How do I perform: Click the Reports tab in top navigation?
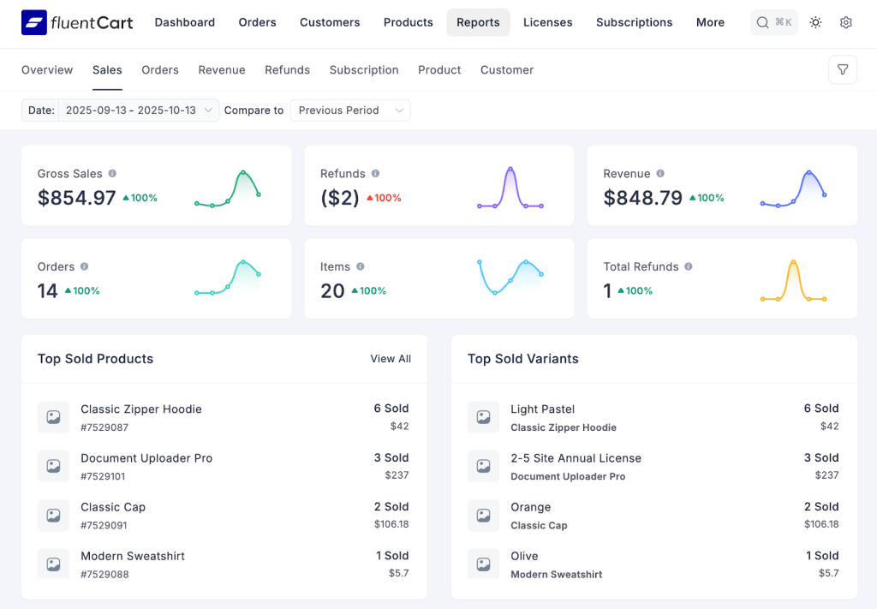tap(478, 22)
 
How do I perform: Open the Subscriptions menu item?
tap(634, 22)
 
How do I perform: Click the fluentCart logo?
tap(77, 22)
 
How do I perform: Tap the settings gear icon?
tap(846, 22)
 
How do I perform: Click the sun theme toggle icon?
tap(815, 22)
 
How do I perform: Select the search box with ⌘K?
tap(773, 22)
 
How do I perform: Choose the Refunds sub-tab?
tap(287, 69)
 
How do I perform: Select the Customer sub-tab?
tap(506, 69)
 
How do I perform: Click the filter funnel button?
tap(843, 69)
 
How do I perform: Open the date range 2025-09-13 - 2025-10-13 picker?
tap(138, 110)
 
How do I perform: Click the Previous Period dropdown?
tap(350, 110)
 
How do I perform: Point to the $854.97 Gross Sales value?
tap(77, 198)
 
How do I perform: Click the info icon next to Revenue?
tap(660, 173)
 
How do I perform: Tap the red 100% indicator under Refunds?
tap(384, 198)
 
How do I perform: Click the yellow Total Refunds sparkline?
tap(793, 282)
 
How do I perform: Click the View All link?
tap(391, 359)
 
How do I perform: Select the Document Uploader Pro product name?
tap(146, 458)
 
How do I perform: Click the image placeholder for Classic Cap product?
tap(53, 516)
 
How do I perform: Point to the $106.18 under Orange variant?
tap(820, 524)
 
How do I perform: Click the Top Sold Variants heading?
tap(522, 359)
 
